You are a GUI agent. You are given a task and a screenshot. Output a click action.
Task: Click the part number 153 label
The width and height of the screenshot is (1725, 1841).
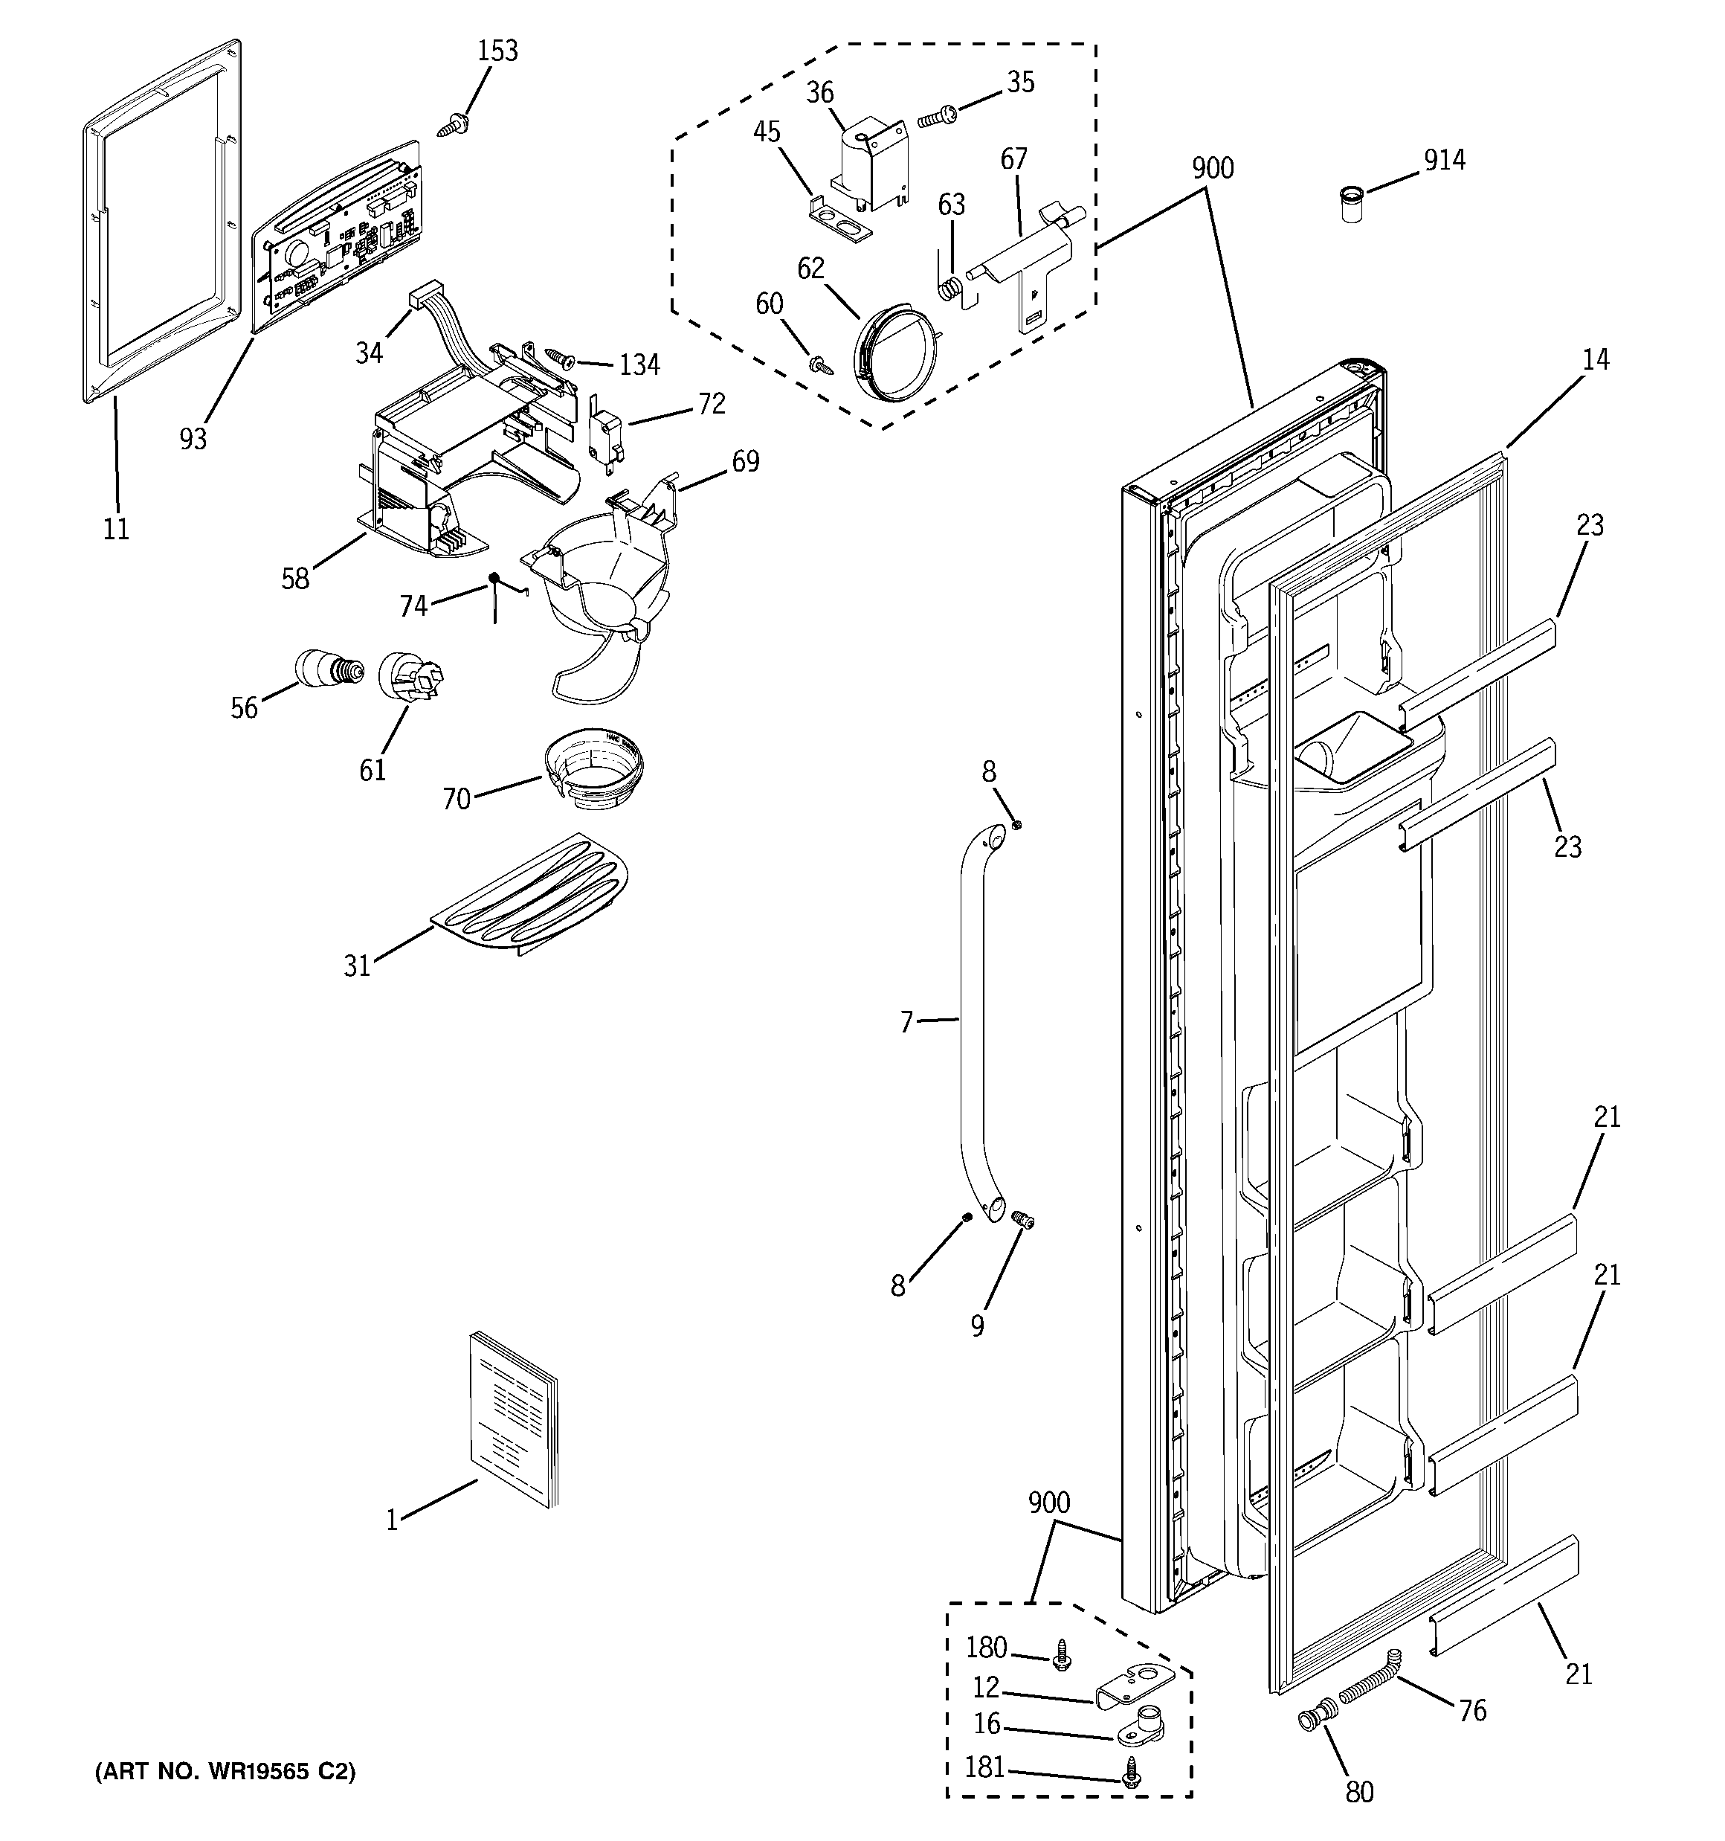(497, 50)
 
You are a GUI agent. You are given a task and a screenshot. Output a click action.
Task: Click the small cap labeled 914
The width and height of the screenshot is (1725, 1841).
(1352, 202)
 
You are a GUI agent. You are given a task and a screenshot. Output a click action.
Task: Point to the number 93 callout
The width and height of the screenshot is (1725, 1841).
(193, 438)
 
